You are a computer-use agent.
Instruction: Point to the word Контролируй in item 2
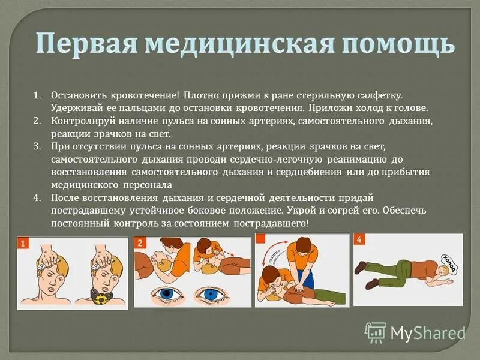point(80,121)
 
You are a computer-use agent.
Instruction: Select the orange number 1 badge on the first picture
point(23,244)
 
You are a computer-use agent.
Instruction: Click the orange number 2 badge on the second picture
point(140,243)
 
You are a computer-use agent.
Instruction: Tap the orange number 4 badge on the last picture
point(359,240)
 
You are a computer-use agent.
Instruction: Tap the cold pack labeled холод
point(449,262)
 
